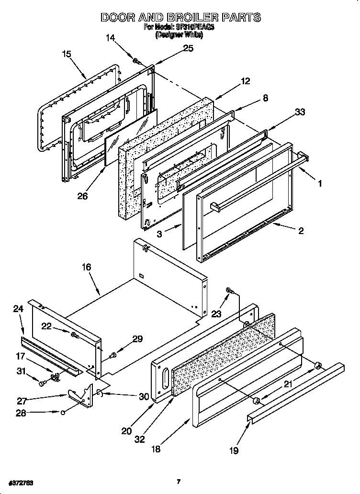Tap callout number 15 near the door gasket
point(67,54)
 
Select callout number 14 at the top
point(110,38)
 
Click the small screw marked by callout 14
point(136,61)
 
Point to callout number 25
point(188,48)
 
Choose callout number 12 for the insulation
point(245,81)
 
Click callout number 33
point(300,112)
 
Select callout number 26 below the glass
point(82,196)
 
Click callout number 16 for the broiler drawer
point(86,267)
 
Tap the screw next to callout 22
point(75,335)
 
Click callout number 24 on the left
point(18,309)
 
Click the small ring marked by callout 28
point(63,411)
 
